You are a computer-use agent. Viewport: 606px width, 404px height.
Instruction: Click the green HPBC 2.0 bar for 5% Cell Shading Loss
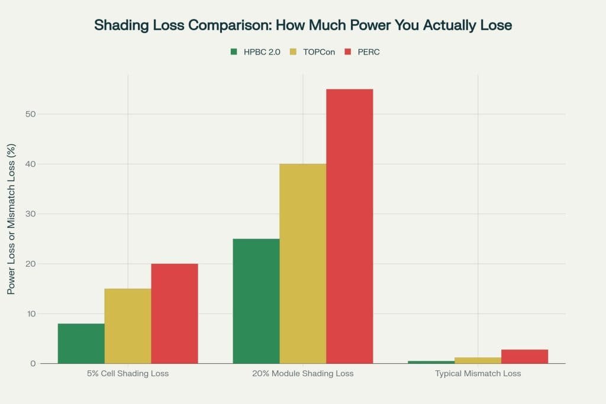point(81,343)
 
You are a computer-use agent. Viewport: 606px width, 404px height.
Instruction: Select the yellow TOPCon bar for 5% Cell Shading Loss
point(128,326)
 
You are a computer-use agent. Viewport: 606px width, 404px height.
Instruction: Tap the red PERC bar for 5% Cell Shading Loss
point(175,313)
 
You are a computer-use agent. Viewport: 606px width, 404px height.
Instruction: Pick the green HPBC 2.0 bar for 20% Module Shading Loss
point(256,301)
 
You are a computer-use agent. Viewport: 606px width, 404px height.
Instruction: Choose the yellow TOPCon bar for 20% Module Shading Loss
point(303,263)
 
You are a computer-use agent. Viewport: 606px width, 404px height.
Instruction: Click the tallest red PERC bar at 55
point(350,226)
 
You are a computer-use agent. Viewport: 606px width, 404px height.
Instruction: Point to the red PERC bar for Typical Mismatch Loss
point(524,357)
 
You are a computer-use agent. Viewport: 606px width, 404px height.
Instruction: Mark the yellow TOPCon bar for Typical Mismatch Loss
point(478,360)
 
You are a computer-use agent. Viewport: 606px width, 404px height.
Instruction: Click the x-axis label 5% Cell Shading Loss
point(128,374)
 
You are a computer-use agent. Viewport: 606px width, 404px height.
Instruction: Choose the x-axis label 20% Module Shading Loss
point(303,374)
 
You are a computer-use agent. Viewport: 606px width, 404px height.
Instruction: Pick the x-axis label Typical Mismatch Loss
point(478,374)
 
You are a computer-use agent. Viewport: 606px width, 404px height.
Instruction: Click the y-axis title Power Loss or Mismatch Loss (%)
point(11,219)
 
